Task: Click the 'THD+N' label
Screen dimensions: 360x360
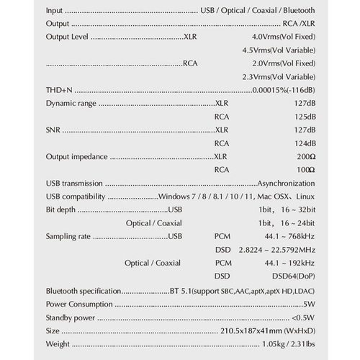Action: point(59,90)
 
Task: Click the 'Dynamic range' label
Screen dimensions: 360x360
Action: point(71,104)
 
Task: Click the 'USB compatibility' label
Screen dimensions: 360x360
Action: point(76,197)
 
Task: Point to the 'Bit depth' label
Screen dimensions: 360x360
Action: point(60,210)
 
